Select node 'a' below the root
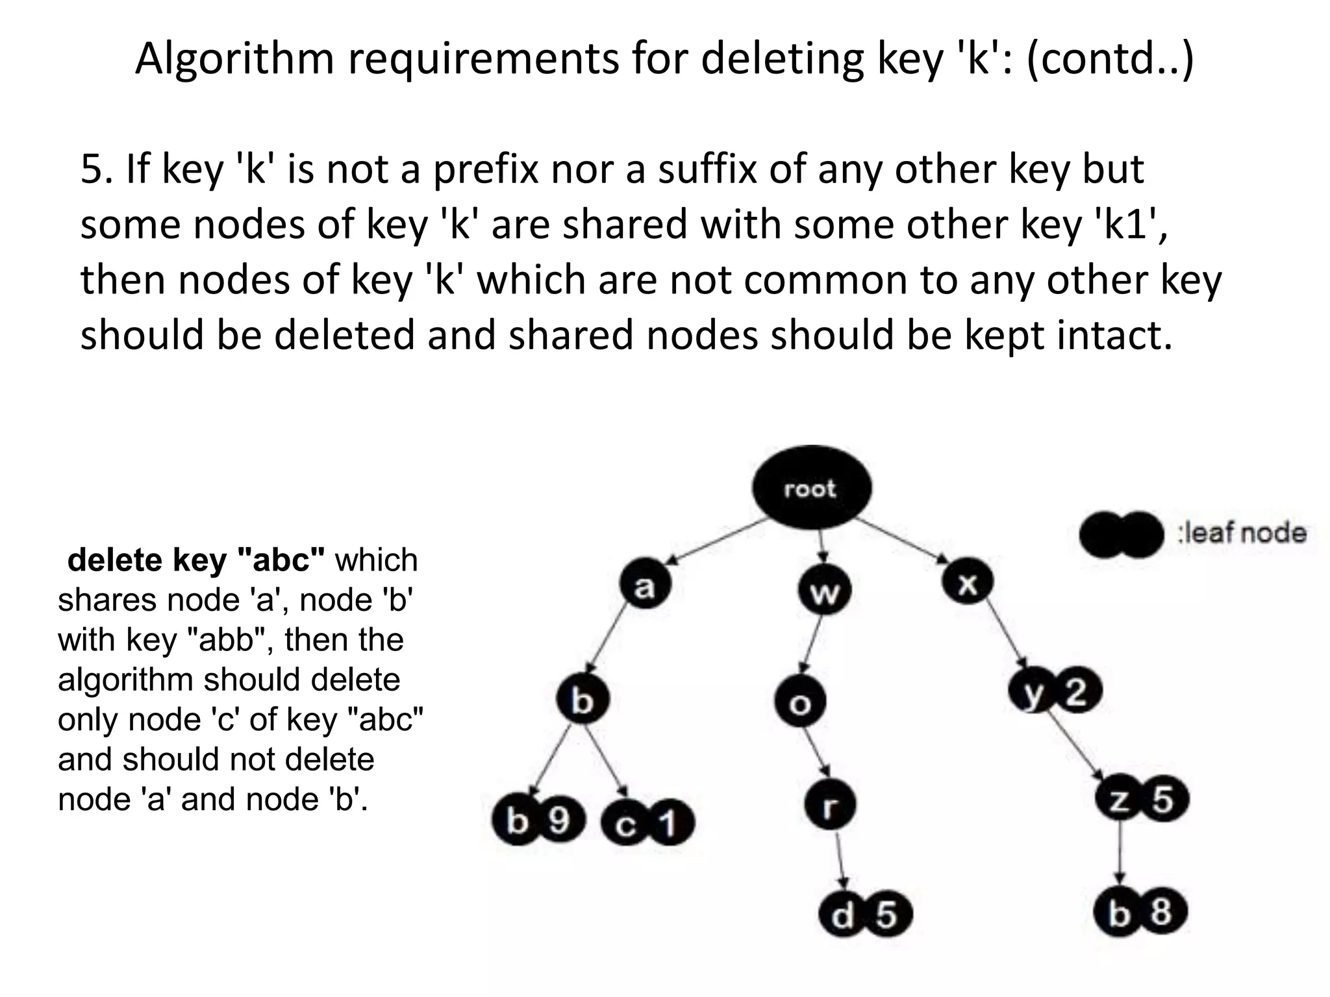point(644,584)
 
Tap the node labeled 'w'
point(823,591)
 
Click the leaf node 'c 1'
point(647,824)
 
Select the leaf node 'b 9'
point(538,821)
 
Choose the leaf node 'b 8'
point(1140,911)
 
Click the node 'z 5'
point(1142,799)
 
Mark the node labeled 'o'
point(800,701)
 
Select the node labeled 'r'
point(829,806)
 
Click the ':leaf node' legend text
point(1242,533)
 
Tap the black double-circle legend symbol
point(1121,534)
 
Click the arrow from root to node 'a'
point(714,540)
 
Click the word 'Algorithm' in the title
point(234,58)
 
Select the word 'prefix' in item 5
point(486,169)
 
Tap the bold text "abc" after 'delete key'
point(282,560)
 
